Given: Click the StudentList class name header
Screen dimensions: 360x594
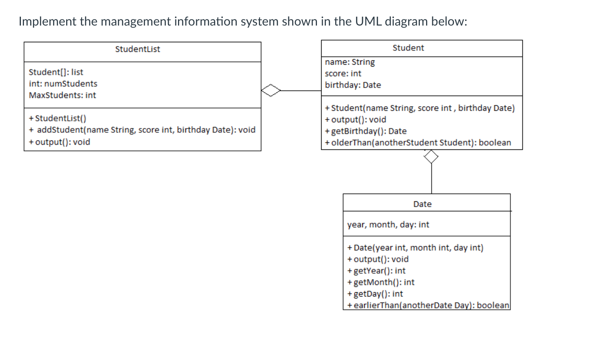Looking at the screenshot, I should click(137, 49).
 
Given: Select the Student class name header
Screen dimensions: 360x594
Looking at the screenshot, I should click(408, 48).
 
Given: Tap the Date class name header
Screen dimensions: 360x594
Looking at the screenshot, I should click(422, 204).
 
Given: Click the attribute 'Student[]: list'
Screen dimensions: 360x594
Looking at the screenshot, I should click(56, 72).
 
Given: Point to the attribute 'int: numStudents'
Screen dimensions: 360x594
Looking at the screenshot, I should click(63, 84).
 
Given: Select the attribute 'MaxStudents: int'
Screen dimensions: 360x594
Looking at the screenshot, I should click(62, 95).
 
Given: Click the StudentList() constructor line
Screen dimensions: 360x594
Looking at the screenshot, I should click(57, 118).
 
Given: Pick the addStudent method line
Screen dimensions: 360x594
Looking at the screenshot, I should click(142, 130).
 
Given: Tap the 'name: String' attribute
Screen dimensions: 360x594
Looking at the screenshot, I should click(350, 62).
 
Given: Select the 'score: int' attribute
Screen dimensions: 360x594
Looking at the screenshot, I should click(343, 74).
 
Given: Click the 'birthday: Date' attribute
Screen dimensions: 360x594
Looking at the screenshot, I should click(353, 85).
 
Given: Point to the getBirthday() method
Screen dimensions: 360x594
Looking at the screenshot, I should click(366, 131).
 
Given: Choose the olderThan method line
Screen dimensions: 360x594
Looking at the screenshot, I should click(418, 142).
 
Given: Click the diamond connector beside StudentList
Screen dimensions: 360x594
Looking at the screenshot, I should click(271, 91).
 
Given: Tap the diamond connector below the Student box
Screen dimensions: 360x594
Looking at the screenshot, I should click(431, 157).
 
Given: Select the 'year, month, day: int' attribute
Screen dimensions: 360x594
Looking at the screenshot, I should click(388, 225).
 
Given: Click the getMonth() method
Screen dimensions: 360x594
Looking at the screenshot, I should click(381, 282).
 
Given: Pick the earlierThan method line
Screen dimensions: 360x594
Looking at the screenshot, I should click(428, 305).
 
